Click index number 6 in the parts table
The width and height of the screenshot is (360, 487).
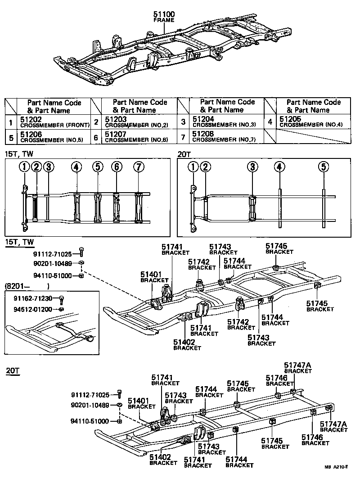click(96, 137)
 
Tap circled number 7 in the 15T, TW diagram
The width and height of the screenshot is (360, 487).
click(139, 167)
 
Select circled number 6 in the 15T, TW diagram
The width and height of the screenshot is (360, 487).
click(117, 167)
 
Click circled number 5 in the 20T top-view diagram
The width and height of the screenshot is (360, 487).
click(323, 167)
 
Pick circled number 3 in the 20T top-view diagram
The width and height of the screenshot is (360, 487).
click(253, 167)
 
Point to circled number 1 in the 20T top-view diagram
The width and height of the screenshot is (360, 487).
click(193, 167)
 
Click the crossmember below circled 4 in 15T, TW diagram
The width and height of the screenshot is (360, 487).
click(76, 207)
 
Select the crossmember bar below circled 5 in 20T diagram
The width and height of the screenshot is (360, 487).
click(323, 207)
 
